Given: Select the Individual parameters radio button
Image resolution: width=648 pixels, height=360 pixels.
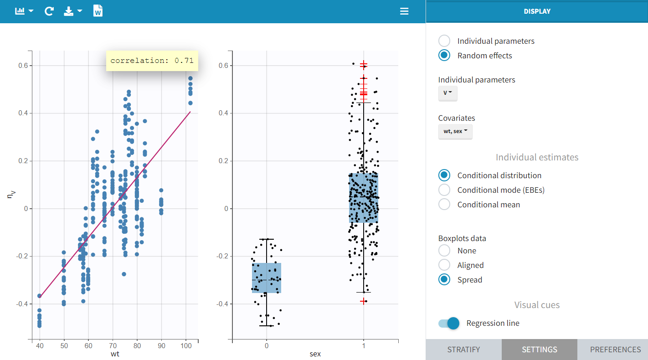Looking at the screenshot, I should [x=444, y=41].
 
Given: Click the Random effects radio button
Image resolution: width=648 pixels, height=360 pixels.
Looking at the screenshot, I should [x=444, y=56].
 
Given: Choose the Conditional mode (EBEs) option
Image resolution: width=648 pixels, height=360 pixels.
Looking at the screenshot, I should [x=444, y=190].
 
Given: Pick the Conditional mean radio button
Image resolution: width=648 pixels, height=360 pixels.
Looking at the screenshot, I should [x=444, y=205].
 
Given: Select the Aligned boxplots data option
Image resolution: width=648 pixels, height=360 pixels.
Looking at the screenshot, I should [x=444, y=265].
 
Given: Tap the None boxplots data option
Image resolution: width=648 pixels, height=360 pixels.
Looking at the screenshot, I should [x=444, y=251].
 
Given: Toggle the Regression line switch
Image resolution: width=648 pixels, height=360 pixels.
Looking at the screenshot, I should [x=449, y=323].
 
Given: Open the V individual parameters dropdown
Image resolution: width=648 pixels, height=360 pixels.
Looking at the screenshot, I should [x=447, y=93].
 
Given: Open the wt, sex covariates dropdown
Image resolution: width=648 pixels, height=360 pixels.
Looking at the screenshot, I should [x=455, y=131].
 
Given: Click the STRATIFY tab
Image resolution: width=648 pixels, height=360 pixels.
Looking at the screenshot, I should [x=463, y=350].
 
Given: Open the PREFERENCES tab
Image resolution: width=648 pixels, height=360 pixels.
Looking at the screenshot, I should [x=615, y=350].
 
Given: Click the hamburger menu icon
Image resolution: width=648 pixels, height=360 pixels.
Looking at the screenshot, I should [x=404, y=11].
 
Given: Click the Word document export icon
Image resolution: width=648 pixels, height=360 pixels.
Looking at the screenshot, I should [x=98, y=11].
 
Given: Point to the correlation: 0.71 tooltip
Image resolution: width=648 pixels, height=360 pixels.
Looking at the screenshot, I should [x=152, y=61].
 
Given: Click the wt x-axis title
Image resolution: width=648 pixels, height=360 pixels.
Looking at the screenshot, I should [x=115, y=354].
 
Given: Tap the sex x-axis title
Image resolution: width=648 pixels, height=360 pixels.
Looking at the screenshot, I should [x=315, y=354].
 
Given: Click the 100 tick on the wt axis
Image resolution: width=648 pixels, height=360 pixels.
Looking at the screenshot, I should [x=185, y=345].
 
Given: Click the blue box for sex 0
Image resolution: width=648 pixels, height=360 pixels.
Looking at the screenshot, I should [x=267, y=278].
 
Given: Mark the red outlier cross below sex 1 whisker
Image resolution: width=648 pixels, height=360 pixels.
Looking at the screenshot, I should [x=363, y=301].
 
